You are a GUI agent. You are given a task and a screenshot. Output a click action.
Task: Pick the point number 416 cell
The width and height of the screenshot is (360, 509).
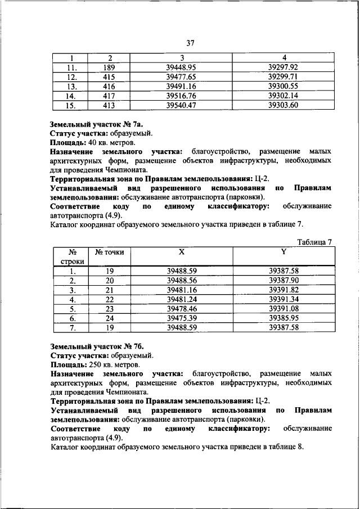(109, 86)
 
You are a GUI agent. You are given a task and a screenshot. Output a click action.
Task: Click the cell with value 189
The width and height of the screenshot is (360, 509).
(109, 67)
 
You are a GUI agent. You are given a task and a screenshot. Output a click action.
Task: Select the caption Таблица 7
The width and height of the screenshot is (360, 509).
(314, 242)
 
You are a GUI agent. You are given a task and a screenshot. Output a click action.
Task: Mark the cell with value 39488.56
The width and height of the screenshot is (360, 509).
(181, 280)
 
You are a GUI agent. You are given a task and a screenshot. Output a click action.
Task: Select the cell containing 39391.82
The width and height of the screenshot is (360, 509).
(283, 290)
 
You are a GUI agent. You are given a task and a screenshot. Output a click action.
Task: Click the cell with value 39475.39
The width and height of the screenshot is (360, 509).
(181, 318)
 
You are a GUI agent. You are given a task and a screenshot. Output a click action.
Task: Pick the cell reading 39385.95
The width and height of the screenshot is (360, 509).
(283, 318)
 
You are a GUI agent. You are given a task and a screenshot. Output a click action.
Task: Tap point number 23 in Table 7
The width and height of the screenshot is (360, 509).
(110, 309)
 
